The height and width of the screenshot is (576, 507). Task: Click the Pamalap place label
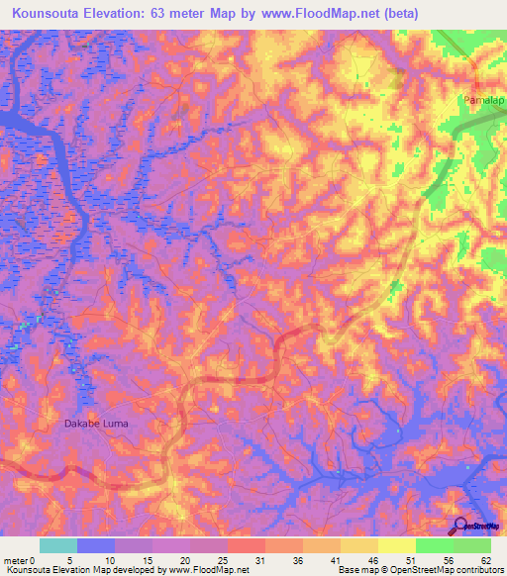[x=482, y=101]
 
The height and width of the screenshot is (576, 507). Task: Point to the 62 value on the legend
[x=484, y=559]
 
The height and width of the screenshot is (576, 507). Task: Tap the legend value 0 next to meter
[x=33, y=559]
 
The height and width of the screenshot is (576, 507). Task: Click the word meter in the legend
[x=15, y=559]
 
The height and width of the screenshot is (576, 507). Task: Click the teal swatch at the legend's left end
[x=58, y=545]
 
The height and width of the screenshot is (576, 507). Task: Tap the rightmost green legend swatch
[x=472, y=545]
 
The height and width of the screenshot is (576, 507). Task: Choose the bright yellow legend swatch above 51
[x=397, y=545]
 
